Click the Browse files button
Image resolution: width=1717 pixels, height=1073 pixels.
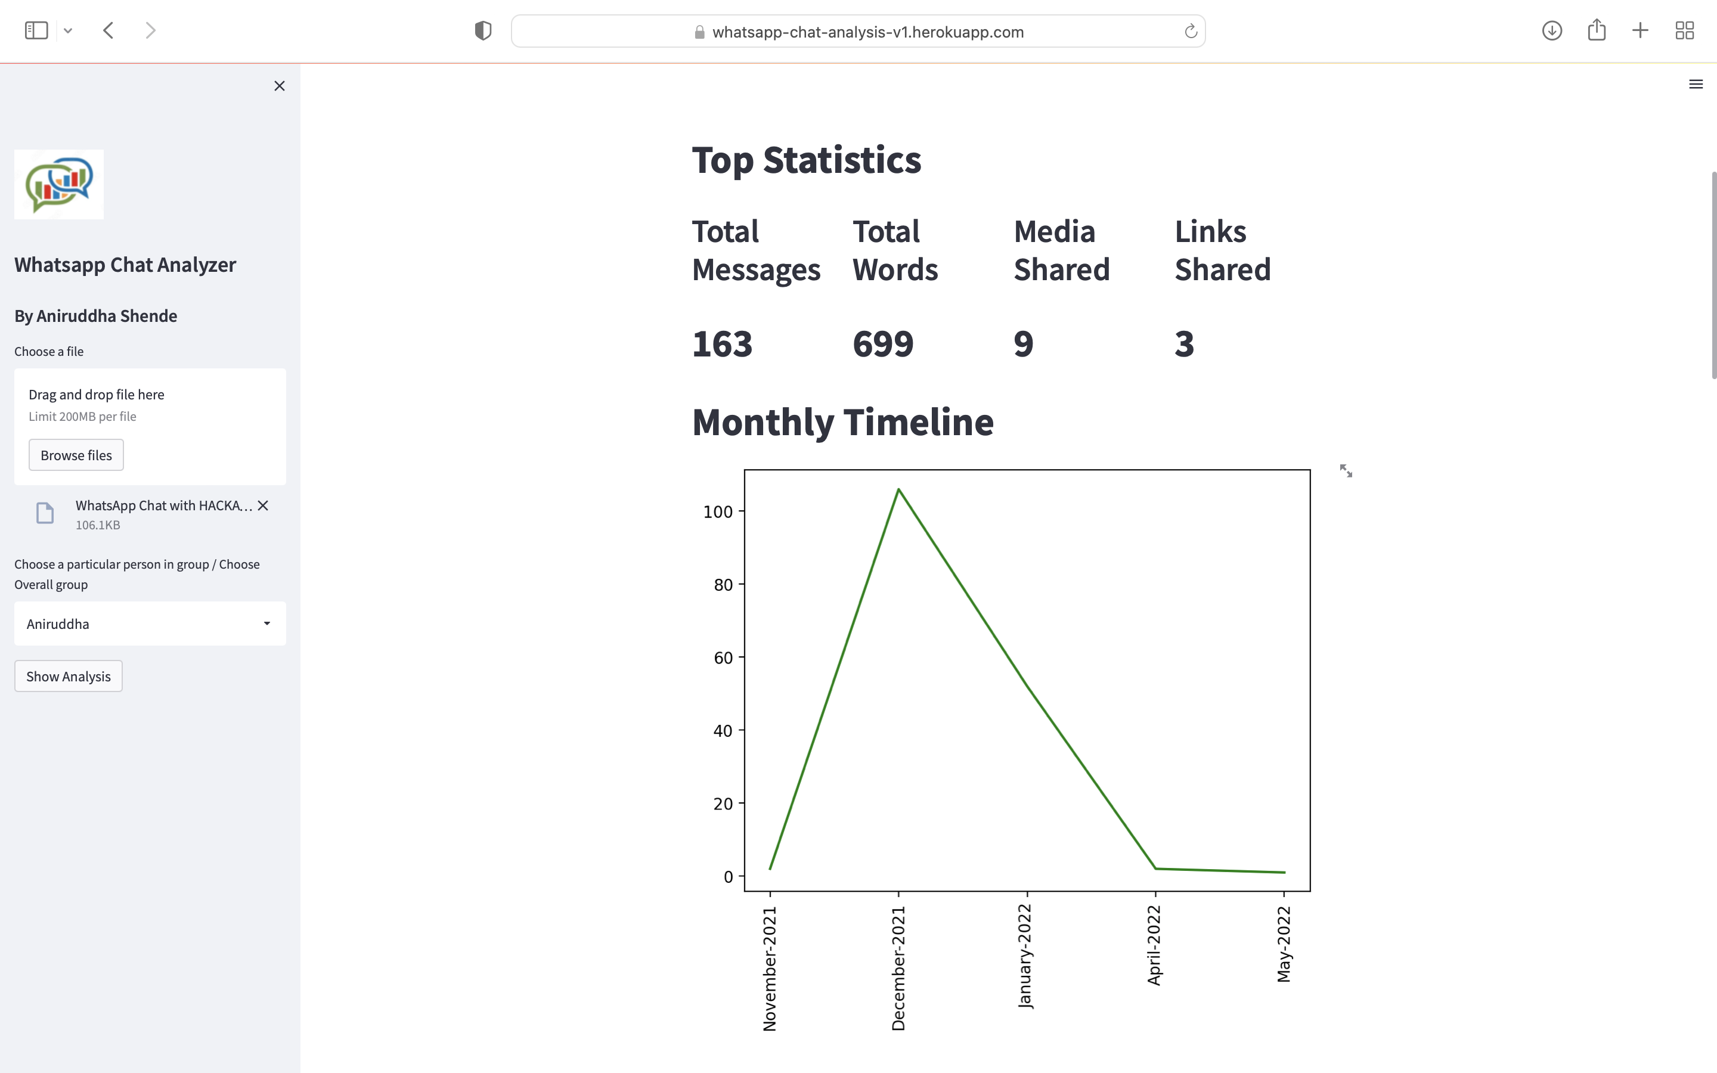(76, 455)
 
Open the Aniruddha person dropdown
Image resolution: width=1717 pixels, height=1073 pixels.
(150, 624)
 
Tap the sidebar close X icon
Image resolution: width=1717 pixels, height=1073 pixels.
(280, 86)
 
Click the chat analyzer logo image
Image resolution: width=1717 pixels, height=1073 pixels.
(59, 185)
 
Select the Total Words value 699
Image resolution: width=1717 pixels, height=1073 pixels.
(882, 343)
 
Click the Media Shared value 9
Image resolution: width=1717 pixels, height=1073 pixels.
(1023, 343)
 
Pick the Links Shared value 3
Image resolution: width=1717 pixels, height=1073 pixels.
(1184, 343)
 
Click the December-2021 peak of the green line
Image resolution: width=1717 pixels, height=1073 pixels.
(898, 489)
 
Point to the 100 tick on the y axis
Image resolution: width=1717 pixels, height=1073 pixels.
(717, 511)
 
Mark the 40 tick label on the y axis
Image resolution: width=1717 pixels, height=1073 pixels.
(723, 731)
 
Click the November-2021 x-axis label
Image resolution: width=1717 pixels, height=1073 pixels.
(770, 968)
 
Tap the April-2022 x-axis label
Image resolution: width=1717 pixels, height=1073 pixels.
(1154, 945)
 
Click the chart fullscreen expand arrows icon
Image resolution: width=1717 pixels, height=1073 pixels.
(1346, 471)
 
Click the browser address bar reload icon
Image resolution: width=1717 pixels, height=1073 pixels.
(1191, 31)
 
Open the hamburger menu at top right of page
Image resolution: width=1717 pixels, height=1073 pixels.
(1696, 85)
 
